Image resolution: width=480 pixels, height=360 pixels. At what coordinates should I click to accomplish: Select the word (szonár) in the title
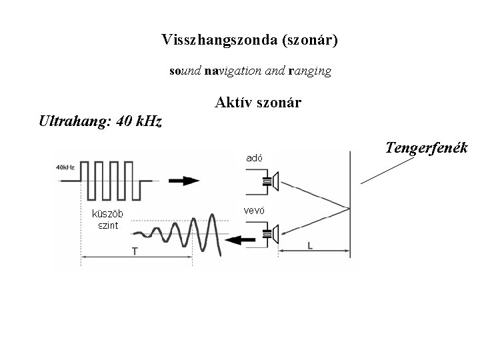(x=310, y=41)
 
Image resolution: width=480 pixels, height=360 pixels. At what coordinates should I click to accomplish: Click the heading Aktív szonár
(x=258, y=103)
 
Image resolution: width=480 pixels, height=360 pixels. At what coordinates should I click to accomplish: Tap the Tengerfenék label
(x=427, y=147)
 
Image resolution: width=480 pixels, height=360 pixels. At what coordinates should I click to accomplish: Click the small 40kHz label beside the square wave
(x=65, y=167)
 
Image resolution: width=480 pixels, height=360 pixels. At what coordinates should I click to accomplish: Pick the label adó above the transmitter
(x=253, y=159)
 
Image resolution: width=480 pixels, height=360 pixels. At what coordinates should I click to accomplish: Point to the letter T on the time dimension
(x=135, y=251)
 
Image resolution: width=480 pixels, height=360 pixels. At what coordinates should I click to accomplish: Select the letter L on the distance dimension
(x=311, y=246)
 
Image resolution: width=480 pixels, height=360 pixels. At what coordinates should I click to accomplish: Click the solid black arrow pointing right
(x=183, y=180)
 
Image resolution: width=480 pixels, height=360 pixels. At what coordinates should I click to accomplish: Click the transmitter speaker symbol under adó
(x=270, y=180)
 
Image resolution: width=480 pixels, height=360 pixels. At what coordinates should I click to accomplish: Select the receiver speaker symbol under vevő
(x=270, y=233)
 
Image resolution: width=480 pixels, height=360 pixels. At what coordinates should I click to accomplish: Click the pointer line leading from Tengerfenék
(x=386, y=171)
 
